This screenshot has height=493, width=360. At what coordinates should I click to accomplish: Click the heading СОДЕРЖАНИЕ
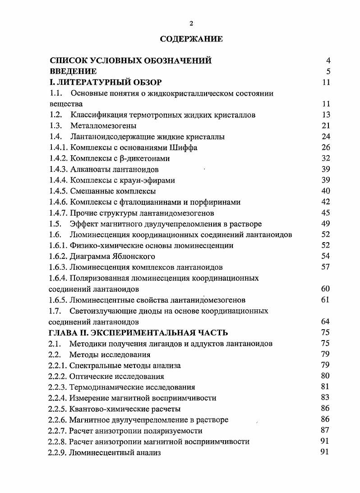192,39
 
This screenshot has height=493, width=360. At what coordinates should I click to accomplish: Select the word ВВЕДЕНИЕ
73,71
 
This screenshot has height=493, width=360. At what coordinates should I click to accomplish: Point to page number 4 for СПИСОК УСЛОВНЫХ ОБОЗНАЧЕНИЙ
328,60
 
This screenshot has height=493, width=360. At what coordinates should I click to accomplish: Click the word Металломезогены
103,126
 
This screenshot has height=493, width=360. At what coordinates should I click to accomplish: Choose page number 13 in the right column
326,115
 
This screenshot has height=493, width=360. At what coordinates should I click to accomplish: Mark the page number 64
326,322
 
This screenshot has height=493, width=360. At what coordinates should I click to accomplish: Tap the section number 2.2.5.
58,409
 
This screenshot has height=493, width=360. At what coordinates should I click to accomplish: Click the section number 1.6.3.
58,267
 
